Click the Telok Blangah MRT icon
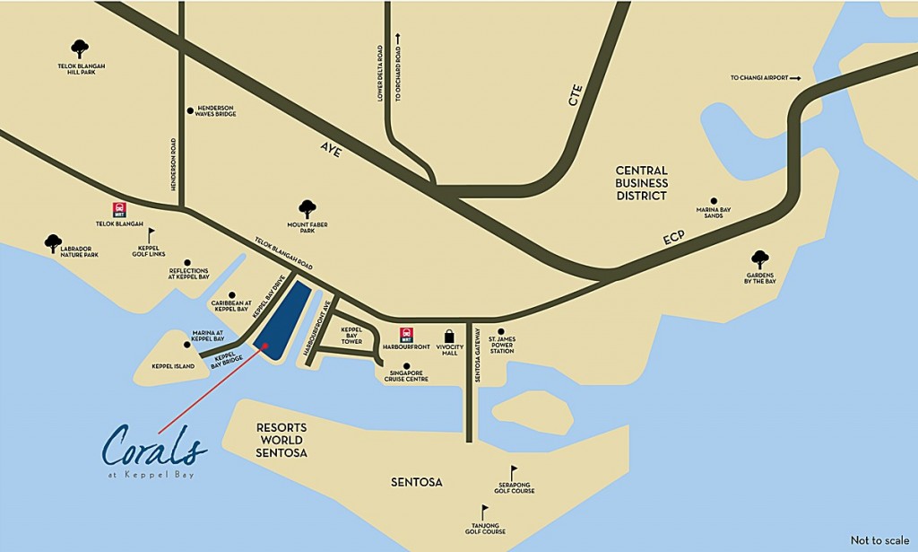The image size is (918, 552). [119, 209]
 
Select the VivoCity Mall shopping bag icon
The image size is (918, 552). [449, 338]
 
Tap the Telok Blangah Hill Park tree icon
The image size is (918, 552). [80, 48]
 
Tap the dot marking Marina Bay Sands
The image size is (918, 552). [714, 201]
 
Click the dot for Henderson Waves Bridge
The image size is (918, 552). [190, 110]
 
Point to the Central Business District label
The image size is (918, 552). [641, 183]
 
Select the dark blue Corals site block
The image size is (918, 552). [282, 319]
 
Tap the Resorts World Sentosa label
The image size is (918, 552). [281, 440]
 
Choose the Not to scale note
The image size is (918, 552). [879, 540]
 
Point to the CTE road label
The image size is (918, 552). [575, 95]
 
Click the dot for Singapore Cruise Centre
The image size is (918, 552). [407, 366]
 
